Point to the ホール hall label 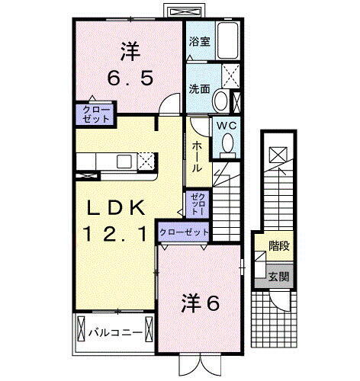[x=197, y=155]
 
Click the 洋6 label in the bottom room [x=200, y=303]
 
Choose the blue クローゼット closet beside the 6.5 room [x=94, y=115]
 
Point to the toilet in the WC [x=227, y=145]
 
